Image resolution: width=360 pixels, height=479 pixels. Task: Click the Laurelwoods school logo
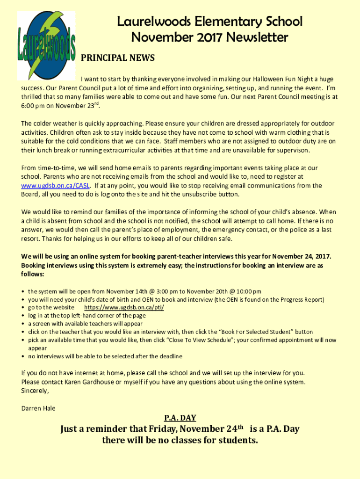(46, 45)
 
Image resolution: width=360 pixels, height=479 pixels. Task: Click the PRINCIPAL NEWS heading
(118, 58)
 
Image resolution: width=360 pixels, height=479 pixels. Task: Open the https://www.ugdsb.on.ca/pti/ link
(124, 307)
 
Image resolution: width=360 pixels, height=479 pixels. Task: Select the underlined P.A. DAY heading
(180, 418)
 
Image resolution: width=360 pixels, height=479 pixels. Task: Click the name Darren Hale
(38, 408)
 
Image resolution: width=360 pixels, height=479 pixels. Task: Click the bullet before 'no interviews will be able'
(23, 356)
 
